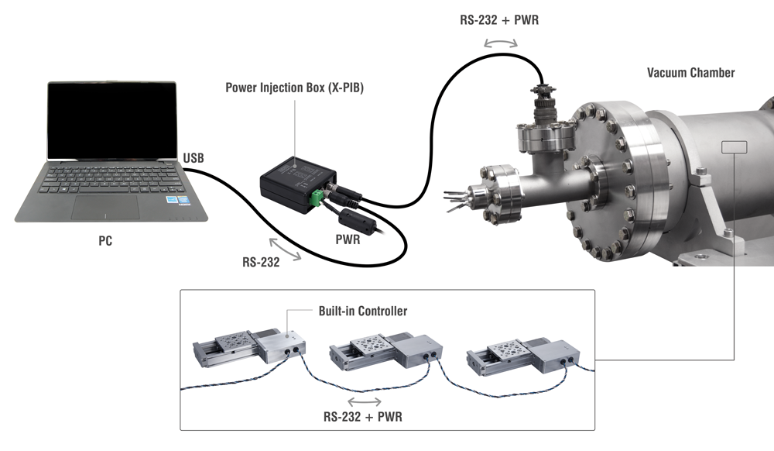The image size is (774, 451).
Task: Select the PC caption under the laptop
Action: [x=105, y=241]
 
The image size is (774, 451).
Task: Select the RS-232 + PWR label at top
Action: [x=499, y=20]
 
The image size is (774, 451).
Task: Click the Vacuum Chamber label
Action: [x=690, y=73]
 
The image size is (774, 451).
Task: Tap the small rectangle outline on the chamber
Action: [x=733, y=147]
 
